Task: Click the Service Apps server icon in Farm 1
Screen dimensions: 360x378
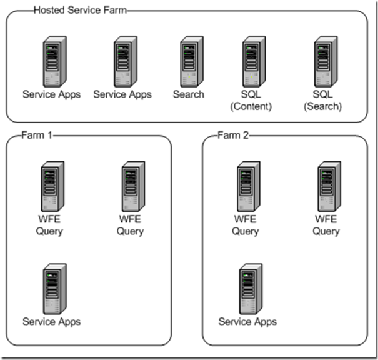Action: click(x=53, y=289)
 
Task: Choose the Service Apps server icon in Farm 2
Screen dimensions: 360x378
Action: click(x=247, y=289)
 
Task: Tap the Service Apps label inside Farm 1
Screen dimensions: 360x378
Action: click(x=52, y=322)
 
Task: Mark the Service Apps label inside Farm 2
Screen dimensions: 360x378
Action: click(x=247, y=322)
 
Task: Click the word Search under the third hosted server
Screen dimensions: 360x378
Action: click(x=189, y=94)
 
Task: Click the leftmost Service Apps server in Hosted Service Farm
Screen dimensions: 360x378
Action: click(x=53, y=62)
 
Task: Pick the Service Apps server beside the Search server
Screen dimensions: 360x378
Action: click(x=123, y=62)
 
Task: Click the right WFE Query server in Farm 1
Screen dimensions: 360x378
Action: click(x=131, y=187)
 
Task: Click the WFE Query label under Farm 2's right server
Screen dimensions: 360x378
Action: click(x=326, y=226)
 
